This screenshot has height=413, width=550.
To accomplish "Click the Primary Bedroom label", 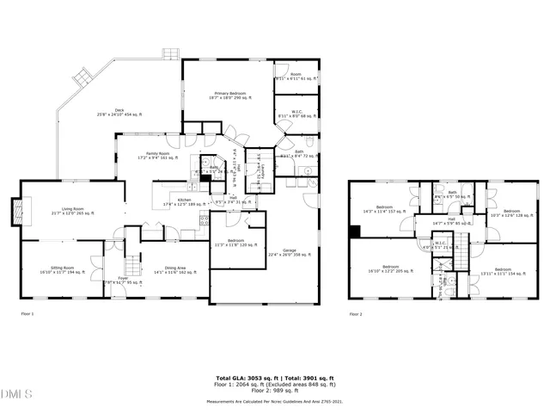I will (x=228, y=96).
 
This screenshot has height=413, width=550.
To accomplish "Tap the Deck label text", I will (x=119, y=111).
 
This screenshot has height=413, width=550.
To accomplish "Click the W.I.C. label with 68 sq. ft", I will (x=296, y=113).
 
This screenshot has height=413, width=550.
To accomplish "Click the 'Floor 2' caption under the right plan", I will (x=356, y=315).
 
